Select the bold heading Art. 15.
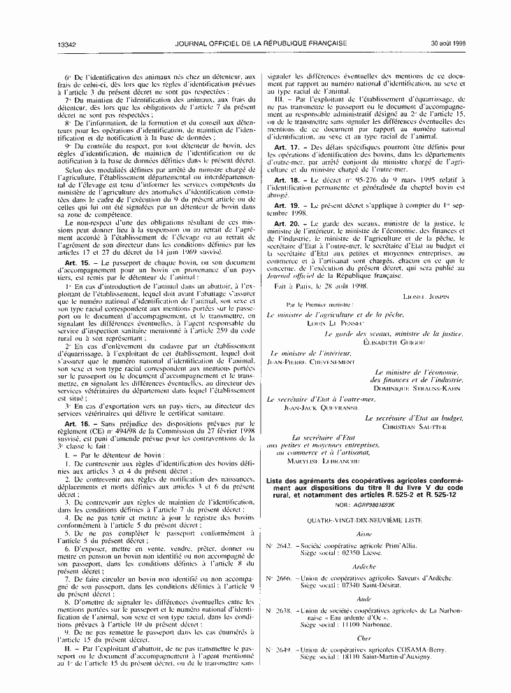[75, 262]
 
